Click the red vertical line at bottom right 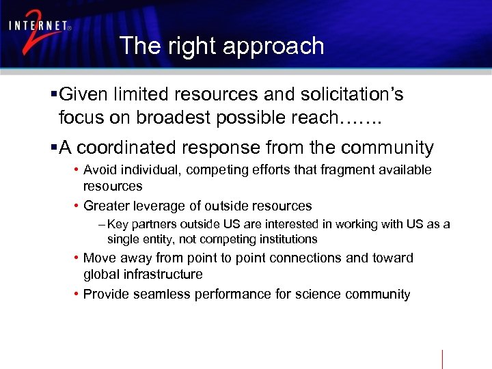[x=442, y=359]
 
